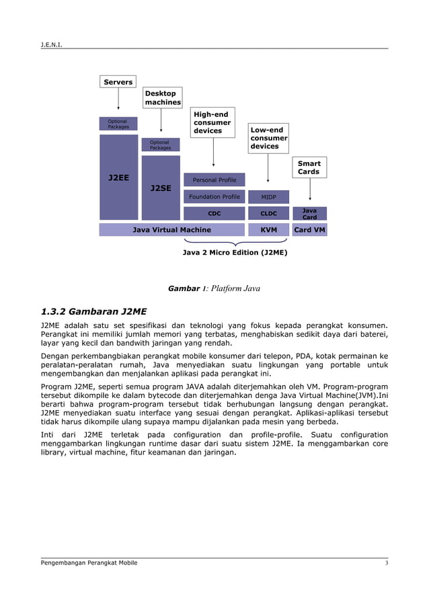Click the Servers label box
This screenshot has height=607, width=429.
pos(118,82)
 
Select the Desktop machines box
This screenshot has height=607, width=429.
pos(163,97)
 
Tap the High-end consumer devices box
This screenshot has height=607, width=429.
pos(212,123)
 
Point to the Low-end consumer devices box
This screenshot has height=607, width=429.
pos(268,138)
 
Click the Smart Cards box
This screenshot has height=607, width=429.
pos(309,167)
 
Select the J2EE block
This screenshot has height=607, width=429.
pos(118,177)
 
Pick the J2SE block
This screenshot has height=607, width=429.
pos(161,188)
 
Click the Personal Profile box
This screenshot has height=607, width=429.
pos(214,180)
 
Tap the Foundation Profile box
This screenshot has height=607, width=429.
pos(214,197)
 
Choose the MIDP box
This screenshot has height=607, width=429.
pos(268,197)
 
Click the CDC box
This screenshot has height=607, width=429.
pos(214,213)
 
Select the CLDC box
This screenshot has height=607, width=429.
pos(268,213)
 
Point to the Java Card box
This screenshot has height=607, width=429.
pos(309,214)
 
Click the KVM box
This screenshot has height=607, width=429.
pos(268,230)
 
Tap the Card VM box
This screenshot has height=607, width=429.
pos(309,230)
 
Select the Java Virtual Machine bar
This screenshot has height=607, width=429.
pos(171,230)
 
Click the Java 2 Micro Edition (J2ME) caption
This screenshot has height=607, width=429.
pos(235,253)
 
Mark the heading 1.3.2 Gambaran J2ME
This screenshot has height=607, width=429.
pos(93,311)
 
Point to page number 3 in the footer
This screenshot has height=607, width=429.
pos(386,563)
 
